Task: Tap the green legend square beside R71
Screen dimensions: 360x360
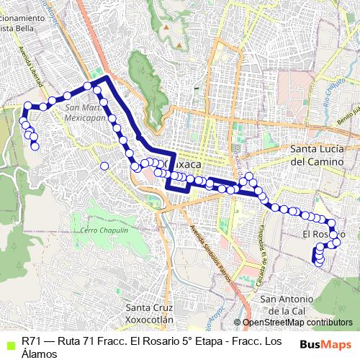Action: [9, 343]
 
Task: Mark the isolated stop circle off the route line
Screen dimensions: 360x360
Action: [104, 166]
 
